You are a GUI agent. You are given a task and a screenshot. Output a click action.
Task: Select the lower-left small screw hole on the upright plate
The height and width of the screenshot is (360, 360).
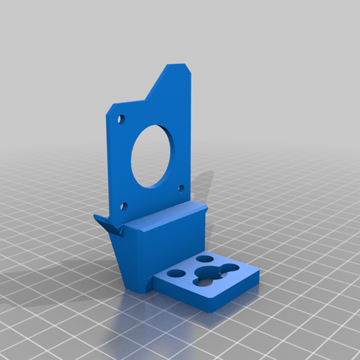pos(124,206)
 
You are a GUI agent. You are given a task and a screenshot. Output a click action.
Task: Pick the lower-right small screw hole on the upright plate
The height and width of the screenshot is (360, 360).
pos(181,188)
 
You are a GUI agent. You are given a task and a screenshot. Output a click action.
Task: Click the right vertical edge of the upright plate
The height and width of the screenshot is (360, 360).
pos(191,140)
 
